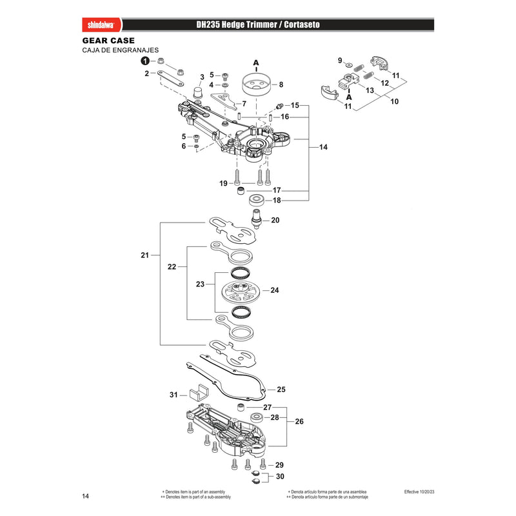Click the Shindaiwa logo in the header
(x=101, y=25)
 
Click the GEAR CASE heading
(x=108, y=41)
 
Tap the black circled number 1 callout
(x=145, y=61)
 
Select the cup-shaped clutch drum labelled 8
(x=256, y=85)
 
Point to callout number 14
(x=323, y=147)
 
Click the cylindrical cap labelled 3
(x=198, y=92)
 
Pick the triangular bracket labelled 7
(x=224, y=101)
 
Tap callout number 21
(x=144, y=255)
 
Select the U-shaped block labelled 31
(x=199, y=392)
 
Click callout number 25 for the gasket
(x=281, y=390)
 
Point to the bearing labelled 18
(x=257, y=200)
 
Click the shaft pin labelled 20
(x=257, y=217)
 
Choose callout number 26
(x=299, y=421)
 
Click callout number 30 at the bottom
(x=280, y=477)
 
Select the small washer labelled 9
(x=349, y=63)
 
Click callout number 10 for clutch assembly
(x=394, y=101)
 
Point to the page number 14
(x=86, y=496)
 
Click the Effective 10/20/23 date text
(x=419, y=491)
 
